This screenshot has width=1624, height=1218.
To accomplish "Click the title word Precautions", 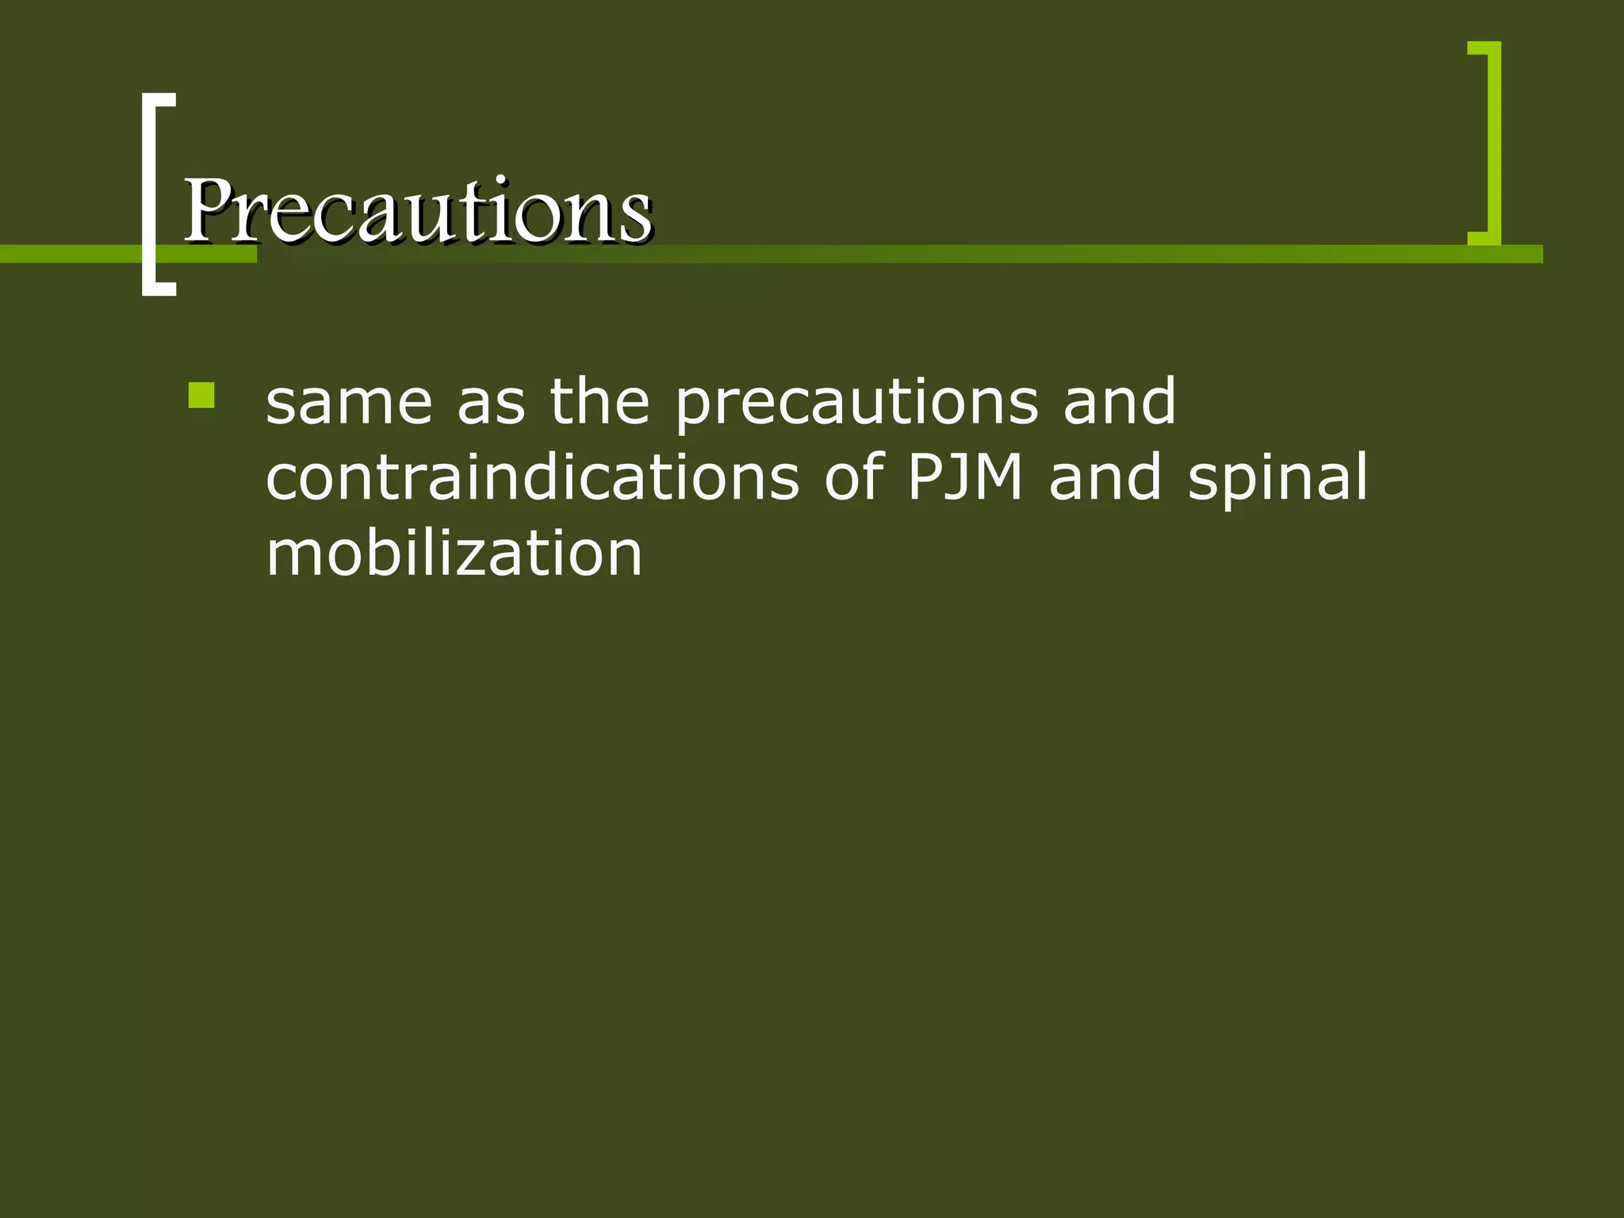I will [418, 210].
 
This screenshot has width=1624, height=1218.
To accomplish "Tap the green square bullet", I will [201, 396].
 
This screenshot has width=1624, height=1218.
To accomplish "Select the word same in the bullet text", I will [349, 402].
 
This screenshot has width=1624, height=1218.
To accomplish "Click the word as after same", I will [491, 402].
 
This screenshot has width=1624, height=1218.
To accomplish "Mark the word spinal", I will [1277, 480].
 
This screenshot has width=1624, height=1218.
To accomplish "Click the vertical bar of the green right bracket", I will [1494, 143].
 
